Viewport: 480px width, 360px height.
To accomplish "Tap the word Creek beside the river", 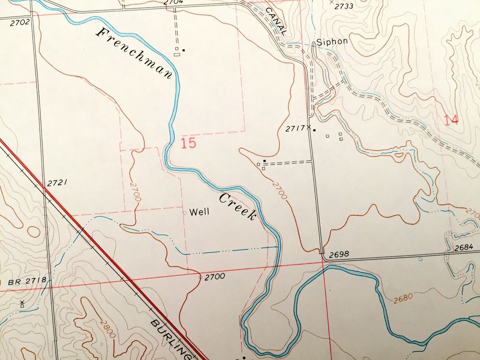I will point(237,206).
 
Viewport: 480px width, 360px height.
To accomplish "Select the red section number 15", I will point(188,143).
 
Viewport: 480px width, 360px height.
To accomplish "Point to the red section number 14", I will point(451,120).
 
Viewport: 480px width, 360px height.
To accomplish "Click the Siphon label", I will point(332,41).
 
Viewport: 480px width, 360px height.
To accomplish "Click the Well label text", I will point(199,212).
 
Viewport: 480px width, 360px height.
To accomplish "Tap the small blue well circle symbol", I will point(184,213).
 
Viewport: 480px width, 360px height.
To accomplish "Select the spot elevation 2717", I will point(295,129).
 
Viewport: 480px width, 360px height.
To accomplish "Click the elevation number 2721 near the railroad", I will point(57,183).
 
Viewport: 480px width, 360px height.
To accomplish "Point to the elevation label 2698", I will point(339,255).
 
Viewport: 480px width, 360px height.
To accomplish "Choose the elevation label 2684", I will point(465,248).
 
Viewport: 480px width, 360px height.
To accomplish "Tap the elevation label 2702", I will point(20,21).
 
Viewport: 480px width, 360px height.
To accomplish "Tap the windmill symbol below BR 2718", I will point(22,304).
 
